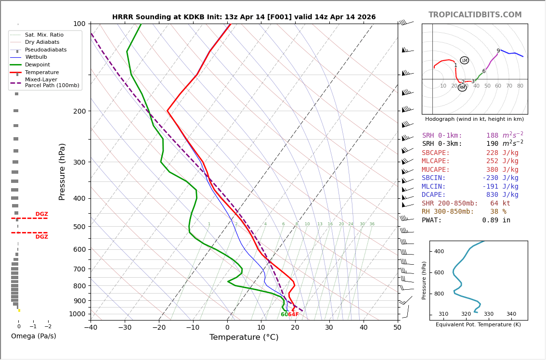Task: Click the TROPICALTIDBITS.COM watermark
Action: (475, 15)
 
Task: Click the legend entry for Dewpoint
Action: (37, 65)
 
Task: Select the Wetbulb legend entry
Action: (36, 57)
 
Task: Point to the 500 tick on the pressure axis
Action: (79, 227)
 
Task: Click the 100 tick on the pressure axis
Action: (79, 24)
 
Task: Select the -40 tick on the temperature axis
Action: (91, 328)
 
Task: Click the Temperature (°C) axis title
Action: (244, 337)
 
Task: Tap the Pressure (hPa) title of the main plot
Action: (62, 171)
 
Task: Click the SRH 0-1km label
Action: (442, 136)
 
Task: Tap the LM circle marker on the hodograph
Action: (464, 60)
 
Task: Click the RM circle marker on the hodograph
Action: (462, 88)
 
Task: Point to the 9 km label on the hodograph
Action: (498, 51)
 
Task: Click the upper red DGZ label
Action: (41, 214)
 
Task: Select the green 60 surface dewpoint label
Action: (284, 315)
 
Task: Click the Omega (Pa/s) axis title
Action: (33, 336)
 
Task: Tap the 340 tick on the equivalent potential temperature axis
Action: (511, 314)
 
